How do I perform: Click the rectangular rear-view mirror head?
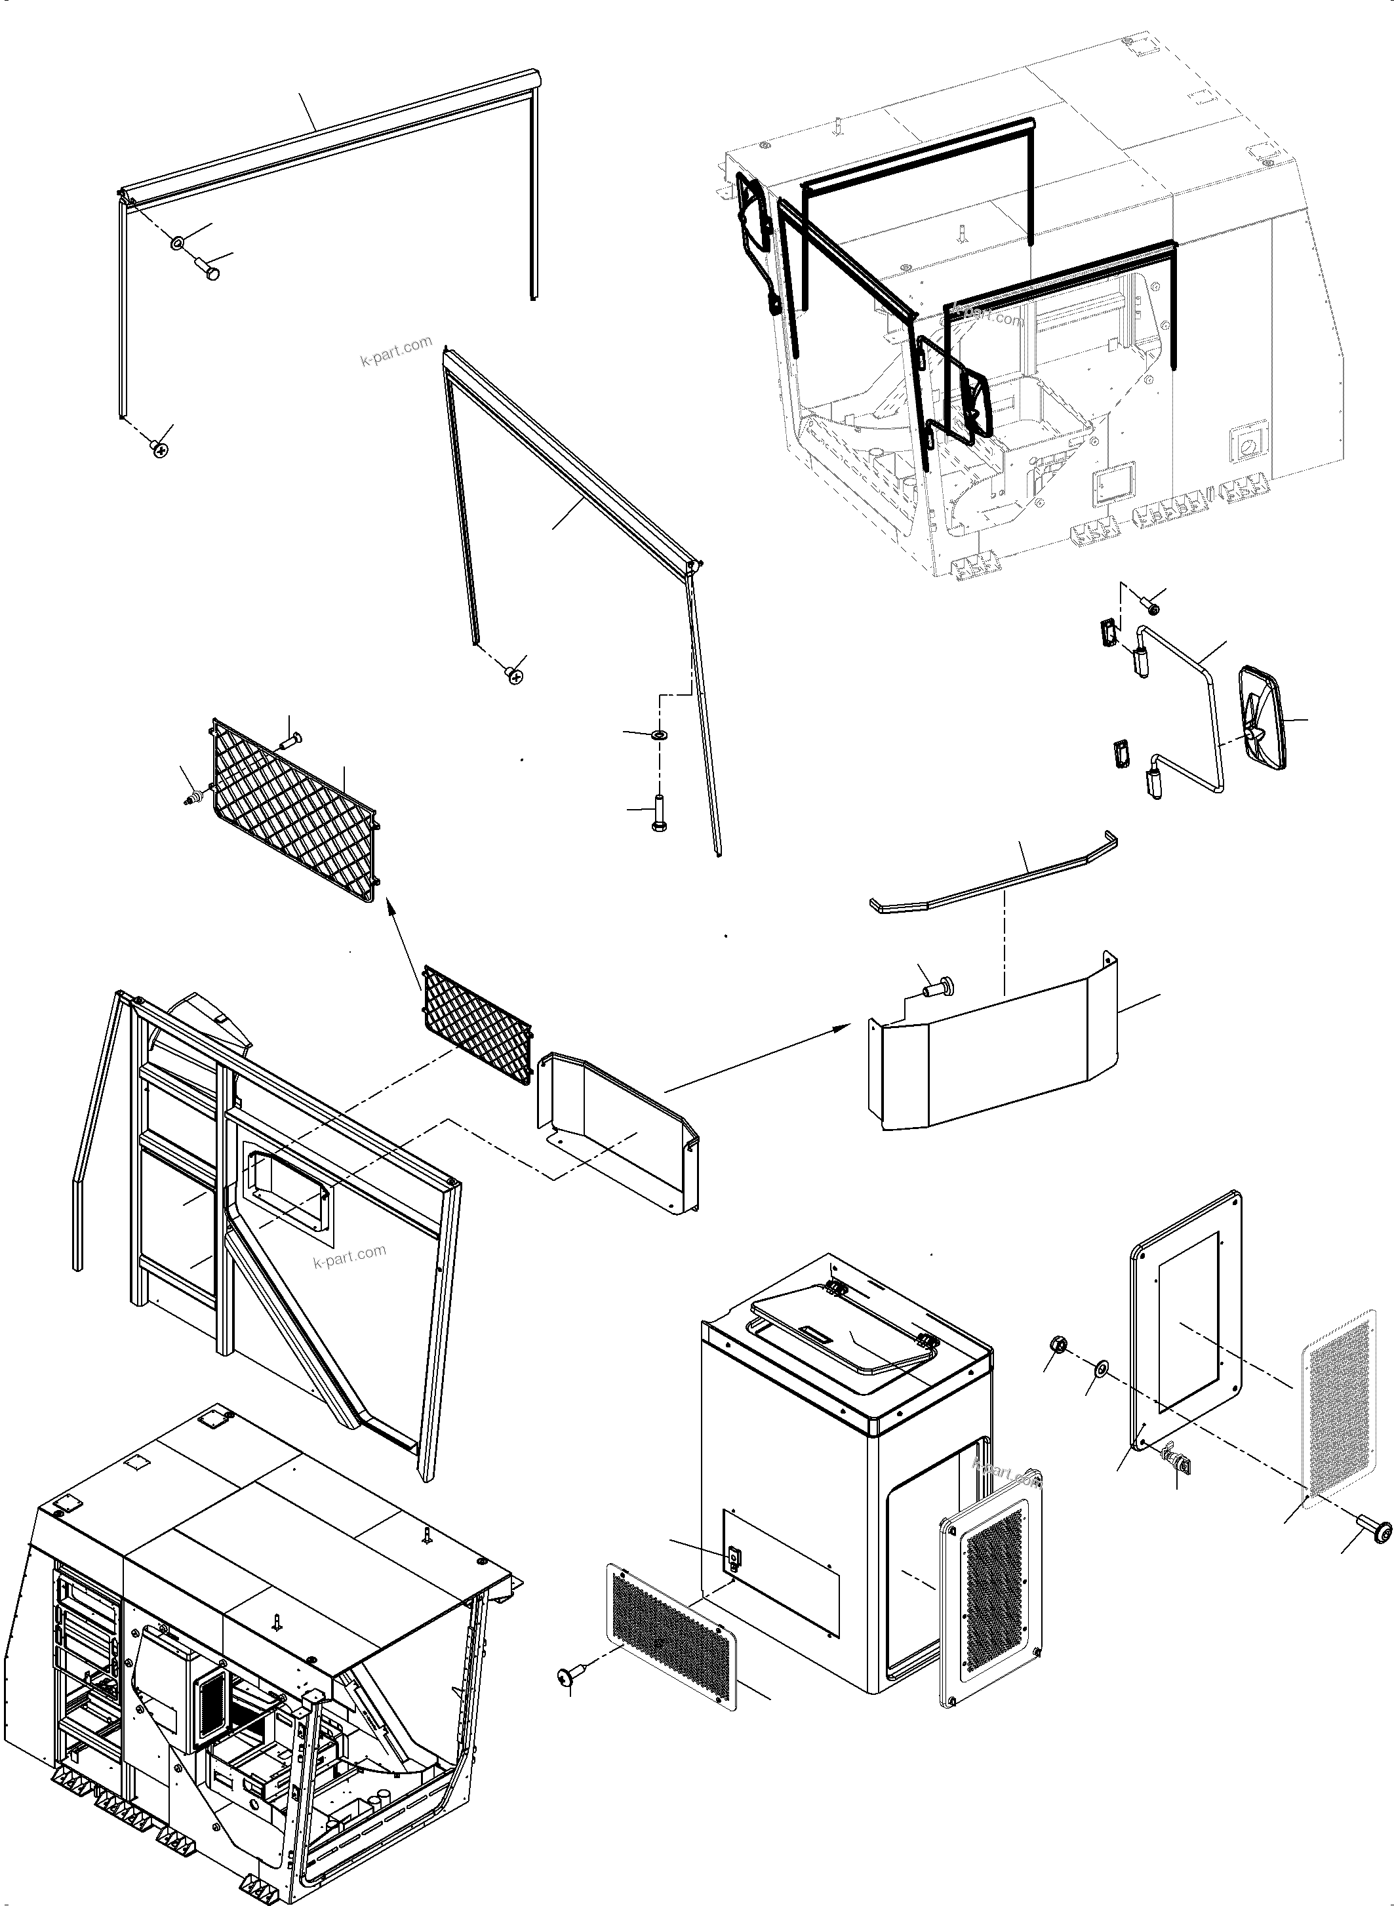point(1262,718)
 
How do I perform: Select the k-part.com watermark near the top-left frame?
point(396,352)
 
